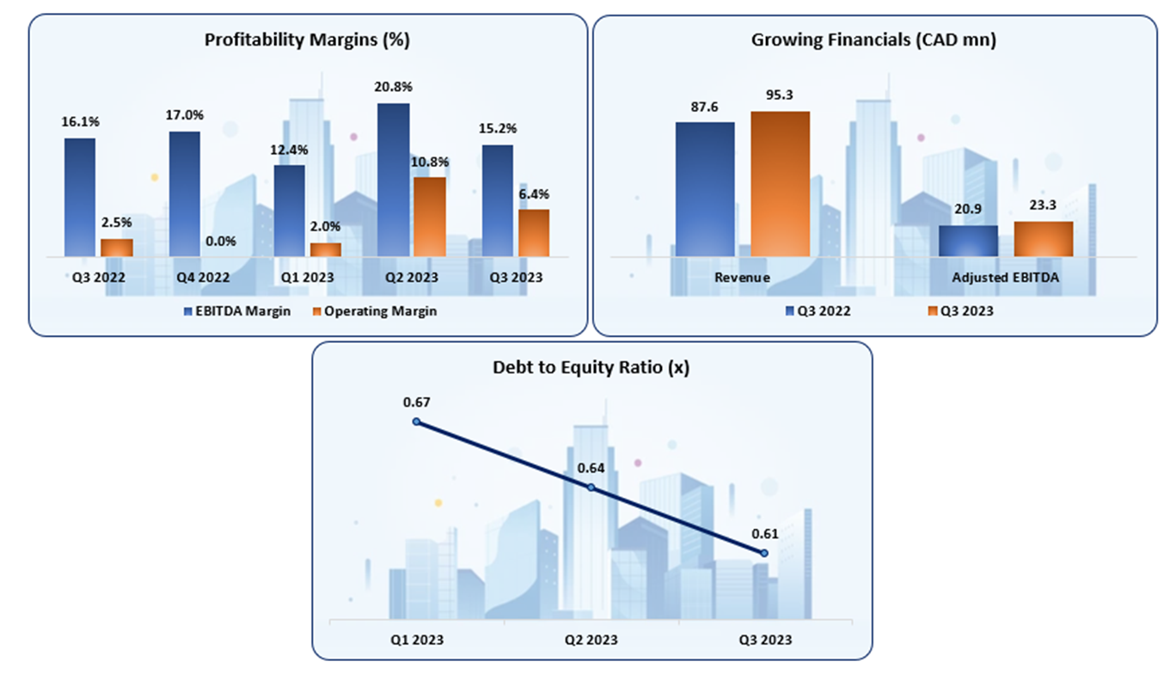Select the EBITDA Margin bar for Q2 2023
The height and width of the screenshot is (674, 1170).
394,180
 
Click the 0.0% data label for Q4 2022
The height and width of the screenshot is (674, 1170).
220,241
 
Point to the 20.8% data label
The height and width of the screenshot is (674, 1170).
393,87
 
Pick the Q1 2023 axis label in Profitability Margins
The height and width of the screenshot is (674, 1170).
307,278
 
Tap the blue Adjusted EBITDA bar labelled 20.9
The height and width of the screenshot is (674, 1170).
968,241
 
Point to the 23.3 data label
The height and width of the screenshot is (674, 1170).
1043,207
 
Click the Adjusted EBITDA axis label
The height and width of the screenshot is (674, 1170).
1005,278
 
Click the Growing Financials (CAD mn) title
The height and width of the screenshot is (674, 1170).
873,40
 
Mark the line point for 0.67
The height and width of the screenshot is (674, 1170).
416,421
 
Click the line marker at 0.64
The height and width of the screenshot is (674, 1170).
591,487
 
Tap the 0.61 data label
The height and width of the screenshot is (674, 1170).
764,534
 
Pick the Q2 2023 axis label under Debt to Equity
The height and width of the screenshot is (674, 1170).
591,640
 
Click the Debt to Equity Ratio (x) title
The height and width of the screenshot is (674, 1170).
591,367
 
